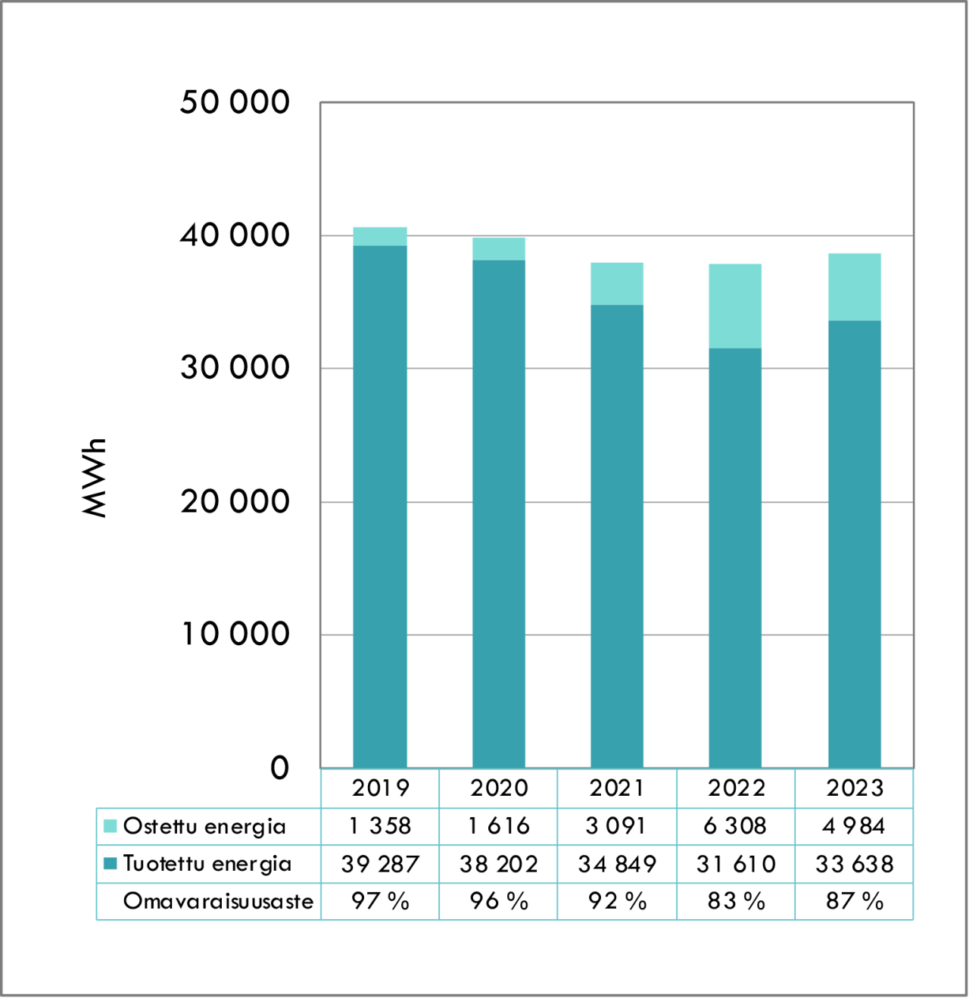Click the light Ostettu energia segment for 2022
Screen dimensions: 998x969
tap(735, 306)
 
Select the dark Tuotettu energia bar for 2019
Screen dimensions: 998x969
tap(380, 506)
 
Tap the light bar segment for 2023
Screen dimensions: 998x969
tap(854, 287)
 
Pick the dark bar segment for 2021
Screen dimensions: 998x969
tap(617, 536)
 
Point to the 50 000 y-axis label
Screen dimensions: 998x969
tap(235, 102)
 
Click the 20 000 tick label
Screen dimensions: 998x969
tap(235, 501)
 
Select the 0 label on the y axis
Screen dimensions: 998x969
tap(279, 768)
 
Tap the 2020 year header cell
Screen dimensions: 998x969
tap(499, 788)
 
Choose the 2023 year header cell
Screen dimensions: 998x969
tap(855, 788)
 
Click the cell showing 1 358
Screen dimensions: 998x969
tap(380, 826)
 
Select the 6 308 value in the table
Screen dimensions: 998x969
tap(735, 826)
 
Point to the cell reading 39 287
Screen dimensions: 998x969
tap(380, 864)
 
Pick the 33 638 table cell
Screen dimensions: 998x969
tap(855, 864)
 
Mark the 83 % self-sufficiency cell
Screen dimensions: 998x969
tap(735, 901)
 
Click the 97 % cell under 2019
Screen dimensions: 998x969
tap(380, 901)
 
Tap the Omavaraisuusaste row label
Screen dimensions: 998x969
tap(218, 901)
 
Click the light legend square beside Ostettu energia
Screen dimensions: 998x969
tap(111, 826)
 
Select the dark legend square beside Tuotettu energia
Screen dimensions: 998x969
tap(111, 863)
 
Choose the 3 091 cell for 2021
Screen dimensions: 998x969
tap(617, 826)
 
